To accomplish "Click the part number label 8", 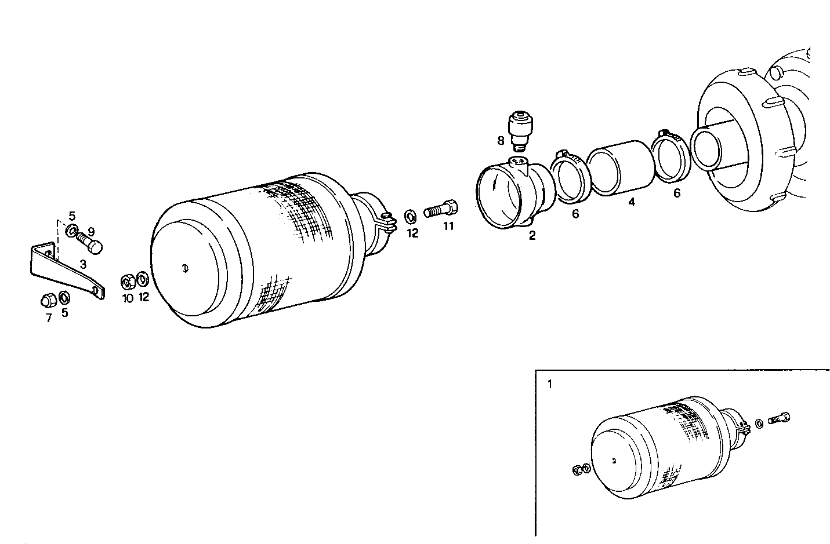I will tap(501, 140).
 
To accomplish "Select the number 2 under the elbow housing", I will tap(532, 236).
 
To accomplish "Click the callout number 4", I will tap(632, 202).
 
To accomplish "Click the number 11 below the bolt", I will tap(448, 227).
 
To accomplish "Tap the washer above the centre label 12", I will tap(409, 217).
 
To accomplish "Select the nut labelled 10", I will tap(128, 282).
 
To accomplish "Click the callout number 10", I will tap(128, 298).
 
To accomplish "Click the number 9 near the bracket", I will tap(91, 231).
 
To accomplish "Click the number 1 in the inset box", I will tap(550, 384).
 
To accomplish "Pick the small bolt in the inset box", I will tap(779, 417).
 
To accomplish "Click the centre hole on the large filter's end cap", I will tap(184, 268).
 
